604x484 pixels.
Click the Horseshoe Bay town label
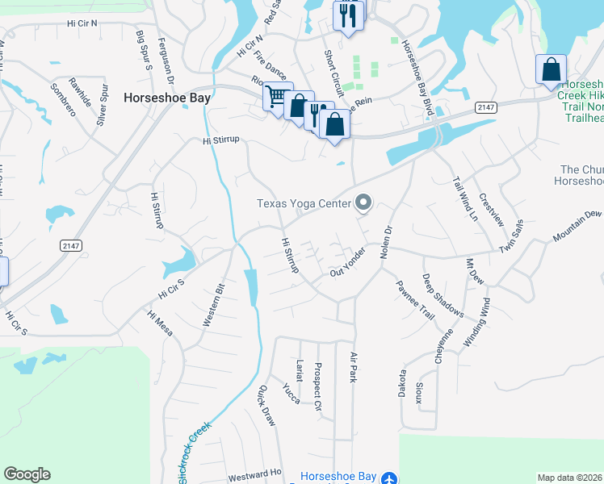[167, 98]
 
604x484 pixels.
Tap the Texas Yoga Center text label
[304, 203]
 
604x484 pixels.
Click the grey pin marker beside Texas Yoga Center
[363, 203]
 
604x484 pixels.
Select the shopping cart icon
[277, 97]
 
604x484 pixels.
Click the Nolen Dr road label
[388, 240]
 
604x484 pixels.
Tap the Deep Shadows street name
[443, 295]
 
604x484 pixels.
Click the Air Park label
[353, 366]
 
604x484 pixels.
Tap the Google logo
[27, 474]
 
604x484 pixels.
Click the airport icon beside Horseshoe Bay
[389, 478]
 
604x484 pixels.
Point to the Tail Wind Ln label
[465, 199]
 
